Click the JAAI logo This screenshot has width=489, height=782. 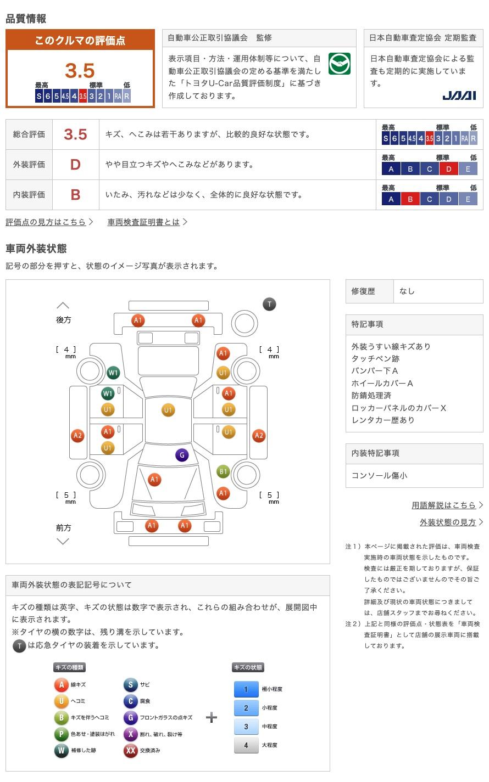point(459,95)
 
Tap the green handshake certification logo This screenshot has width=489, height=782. point(339,64)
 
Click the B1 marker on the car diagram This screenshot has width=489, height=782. point(223,471)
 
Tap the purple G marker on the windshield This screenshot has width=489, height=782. point(182,455)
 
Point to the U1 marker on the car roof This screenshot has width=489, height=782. point(168,410)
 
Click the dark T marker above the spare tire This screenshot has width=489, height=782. point(269,304)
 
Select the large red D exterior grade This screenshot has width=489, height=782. point(75,165)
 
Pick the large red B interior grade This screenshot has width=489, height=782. point(75,195)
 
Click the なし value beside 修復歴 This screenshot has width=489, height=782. point(407,291)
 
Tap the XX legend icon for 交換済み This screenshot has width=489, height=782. point(131,750)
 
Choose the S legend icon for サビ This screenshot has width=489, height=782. point(131,685)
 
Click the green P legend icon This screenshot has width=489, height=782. point(61,734)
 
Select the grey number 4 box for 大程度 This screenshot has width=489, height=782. point(246,745)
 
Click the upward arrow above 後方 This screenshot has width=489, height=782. point(63,305)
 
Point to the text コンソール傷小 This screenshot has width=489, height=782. point(379,475)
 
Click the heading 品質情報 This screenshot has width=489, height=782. point(26,19)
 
